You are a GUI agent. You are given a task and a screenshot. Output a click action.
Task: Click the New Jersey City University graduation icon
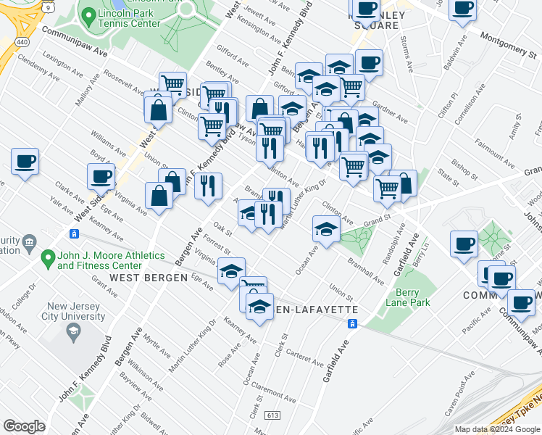tap(72, 333)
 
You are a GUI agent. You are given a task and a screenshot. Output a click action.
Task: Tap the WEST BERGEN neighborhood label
tap(143, 278)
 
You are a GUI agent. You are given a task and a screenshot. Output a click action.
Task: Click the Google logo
tap(25, 426)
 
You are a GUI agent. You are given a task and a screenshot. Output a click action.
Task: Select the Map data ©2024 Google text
tap(497, 429)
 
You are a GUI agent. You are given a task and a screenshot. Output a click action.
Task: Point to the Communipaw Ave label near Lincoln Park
tap(74, 43)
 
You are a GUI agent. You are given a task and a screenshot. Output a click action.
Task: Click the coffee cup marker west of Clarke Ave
tap(25, 162)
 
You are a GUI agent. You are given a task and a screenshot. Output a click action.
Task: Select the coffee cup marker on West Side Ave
tap(101, 176)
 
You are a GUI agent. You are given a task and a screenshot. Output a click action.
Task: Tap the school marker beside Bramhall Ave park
tap(326, 230)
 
